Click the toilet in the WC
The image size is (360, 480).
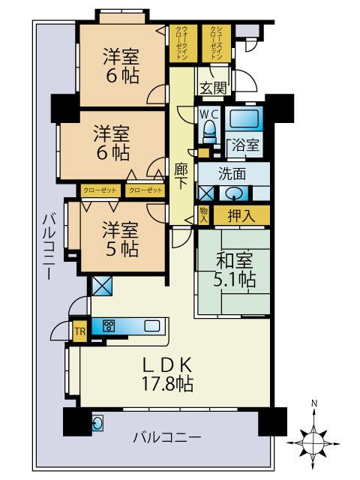click(x=209, y=131)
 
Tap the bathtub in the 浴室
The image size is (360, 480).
click(x=244, y=119)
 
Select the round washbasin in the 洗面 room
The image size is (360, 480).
click(x=234, y=193)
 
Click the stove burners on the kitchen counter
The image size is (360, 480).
click(x=109, y=326)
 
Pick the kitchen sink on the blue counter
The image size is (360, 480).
click(x=151, y=326)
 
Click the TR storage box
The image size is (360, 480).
click(x=80, y=331)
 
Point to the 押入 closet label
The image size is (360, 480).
click(x=241, y=216)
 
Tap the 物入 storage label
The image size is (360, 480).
click(x=203, y=215)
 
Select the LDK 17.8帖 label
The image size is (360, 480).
click(x=167, y=374)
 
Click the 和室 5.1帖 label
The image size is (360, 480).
click(x=235, y=270)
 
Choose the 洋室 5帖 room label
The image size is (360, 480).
click(x=121, y=239)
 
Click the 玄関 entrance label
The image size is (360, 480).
click(x=213, y=88)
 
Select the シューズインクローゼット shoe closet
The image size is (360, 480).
click(x=216, y=43)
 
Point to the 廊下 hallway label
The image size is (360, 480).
click(x=181, y=177)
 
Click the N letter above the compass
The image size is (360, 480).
click(x=313, y=403)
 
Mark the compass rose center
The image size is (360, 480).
click(x=313, y=443)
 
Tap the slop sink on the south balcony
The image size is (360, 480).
click(x=97, y=423)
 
